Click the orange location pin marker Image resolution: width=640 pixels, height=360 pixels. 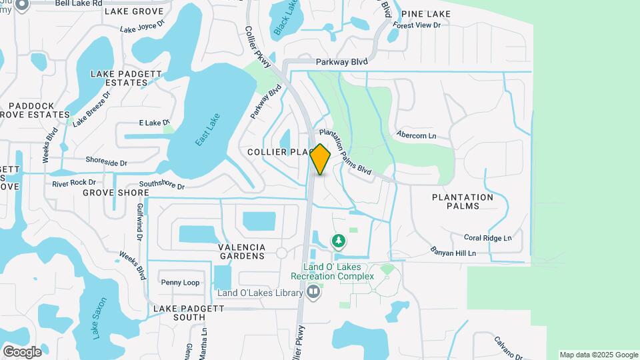pyautogui.click(x=320, y=159)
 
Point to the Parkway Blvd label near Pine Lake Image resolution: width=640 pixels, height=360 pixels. pyautogui.click(x=343, y=61)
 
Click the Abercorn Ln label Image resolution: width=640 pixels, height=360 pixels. pyautogui.click(x=416, y=135)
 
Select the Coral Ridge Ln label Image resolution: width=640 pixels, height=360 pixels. pyautogui.click(x=487, y=238)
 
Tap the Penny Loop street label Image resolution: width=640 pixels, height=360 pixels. pyautogui.click(x=180, y=283)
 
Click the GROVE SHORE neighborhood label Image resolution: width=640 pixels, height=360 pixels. pyautogui.click(x=116, y=193)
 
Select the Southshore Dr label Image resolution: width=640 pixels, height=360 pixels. pyautogui.click(x=161, y=185)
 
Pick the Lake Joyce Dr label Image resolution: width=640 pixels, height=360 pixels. pyautogui.click(x=141, y=28)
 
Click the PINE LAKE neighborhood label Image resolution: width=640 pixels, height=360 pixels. pyautogui.click(x=426, y=14)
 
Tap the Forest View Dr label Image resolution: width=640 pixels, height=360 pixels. pyautogui.click(x=417, y=25)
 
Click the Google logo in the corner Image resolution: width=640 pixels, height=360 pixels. pyautogui.click(x=22, y=351)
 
